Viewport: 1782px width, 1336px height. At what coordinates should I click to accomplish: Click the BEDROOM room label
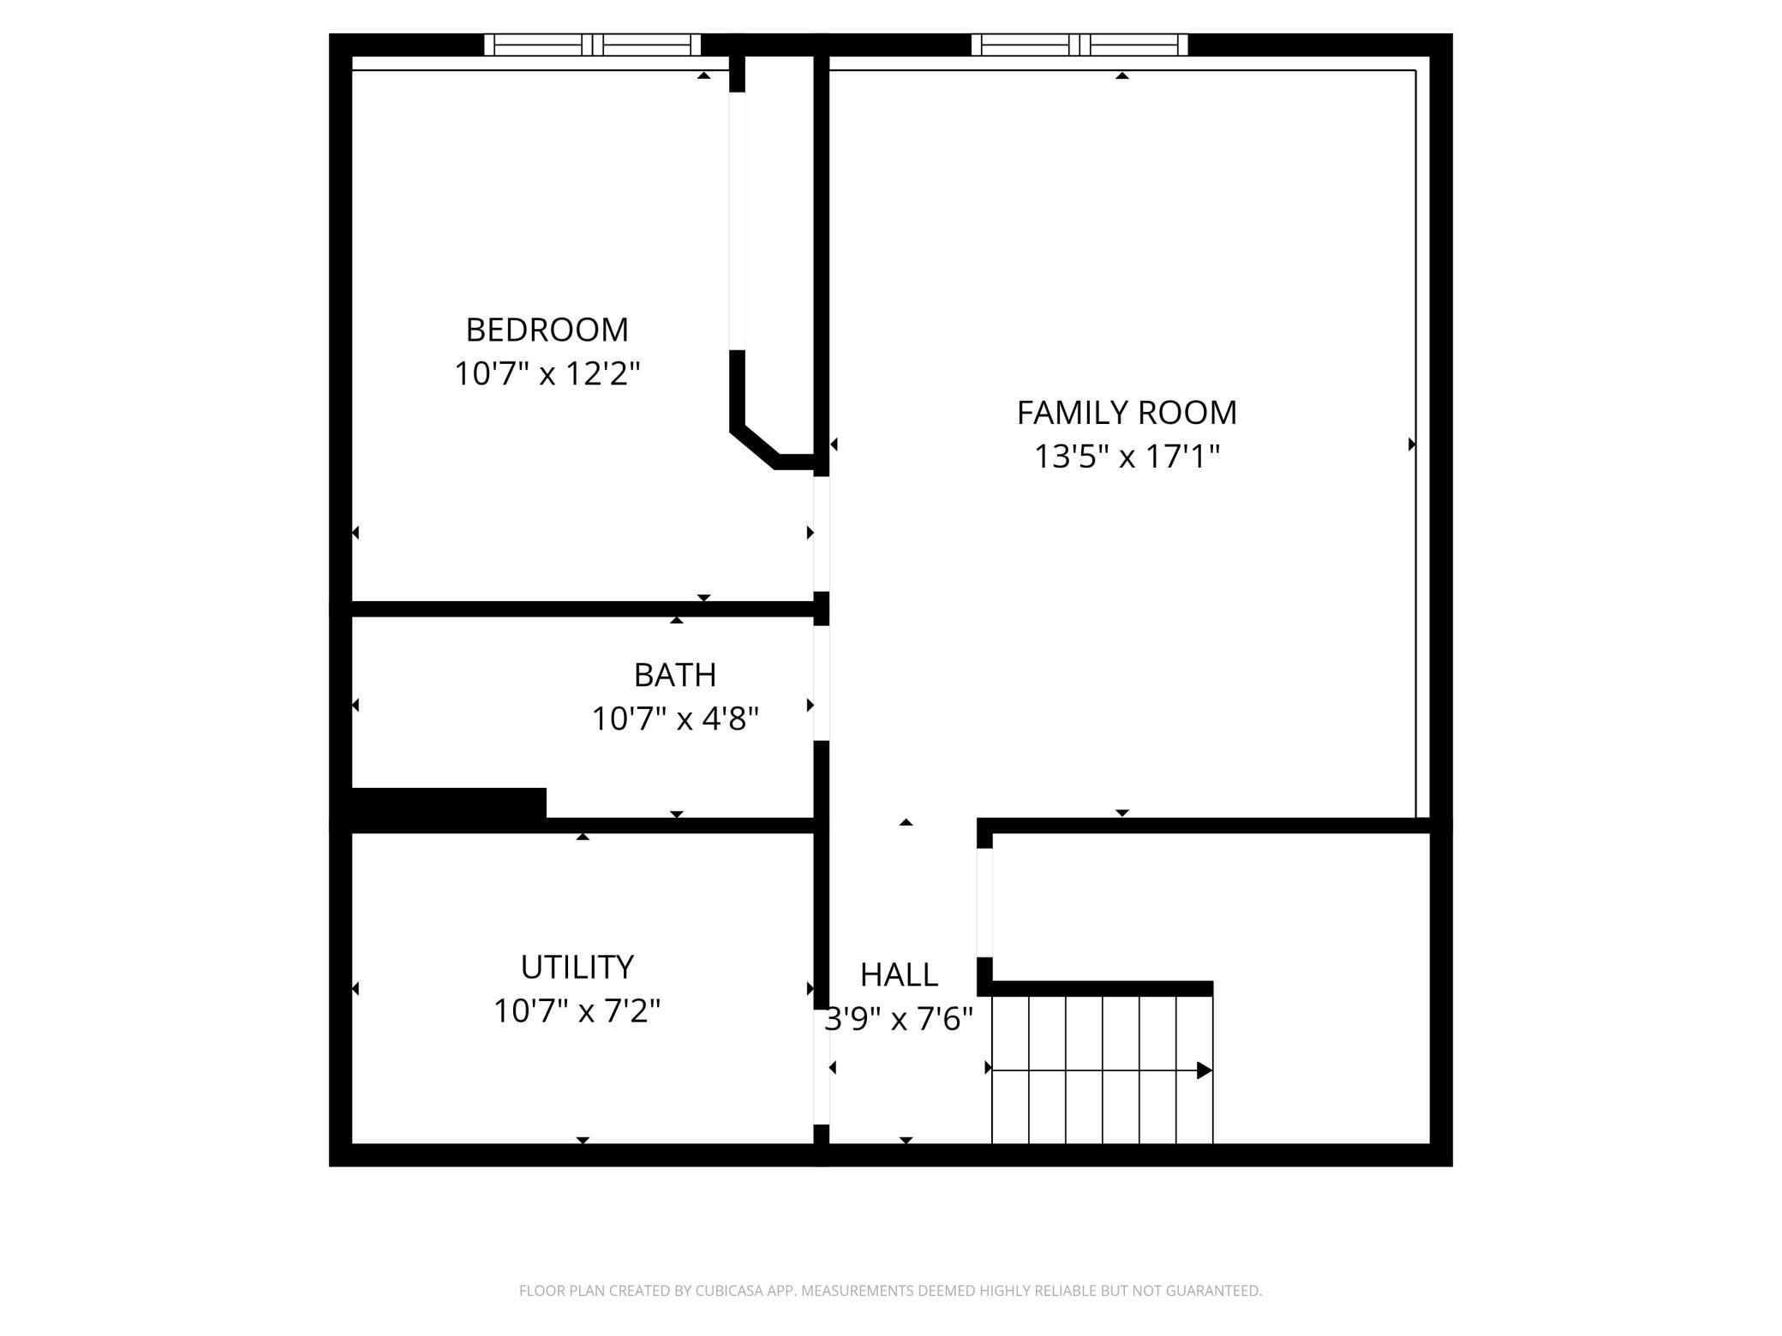(547, 330)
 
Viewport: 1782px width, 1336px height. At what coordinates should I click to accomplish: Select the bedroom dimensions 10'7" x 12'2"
(547, 374)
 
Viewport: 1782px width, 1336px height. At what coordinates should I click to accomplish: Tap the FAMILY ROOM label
(1127, 413)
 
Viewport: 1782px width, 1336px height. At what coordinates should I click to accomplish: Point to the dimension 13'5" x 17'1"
(1127, 457)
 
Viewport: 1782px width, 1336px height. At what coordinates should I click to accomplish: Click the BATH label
(675, 675)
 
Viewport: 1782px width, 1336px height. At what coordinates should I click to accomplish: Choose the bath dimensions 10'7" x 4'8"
(675, 719)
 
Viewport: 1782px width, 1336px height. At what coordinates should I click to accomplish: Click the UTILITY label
(577, 967)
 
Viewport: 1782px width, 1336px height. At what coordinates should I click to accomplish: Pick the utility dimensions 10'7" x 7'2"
(577, 1011)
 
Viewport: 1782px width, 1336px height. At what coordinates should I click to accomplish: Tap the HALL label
(899, 975)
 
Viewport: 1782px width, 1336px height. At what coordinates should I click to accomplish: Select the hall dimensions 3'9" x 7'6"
(899, 1019)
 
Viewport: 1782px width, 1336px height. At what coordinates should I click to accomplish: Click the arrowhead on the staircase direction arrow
(1204, 1070)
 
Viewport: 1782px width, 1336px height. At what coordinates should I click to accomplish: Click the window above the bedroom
(593, 45)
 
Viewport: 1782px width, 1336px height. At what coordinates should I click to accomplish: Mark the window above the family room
(1079, 45)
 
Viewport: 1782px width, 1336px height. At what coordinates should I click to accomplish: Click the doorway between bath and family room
(821, 683)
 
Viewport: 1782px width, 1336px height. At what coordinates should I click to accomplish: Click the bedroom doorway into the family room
(821, 534)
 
